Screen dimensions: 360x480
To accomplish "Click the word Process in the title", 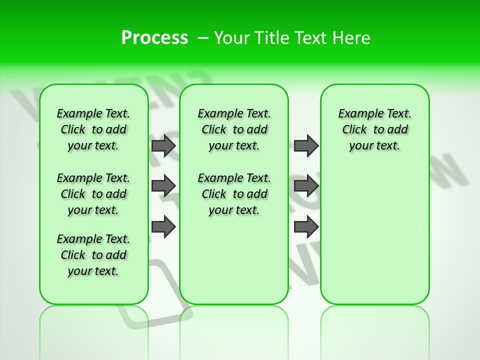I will (154, 37).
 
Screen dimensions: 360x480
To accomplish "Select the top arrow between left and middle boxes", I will (163, 145).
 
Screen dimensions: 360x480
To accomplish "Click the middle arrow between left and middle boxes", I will (163, 186).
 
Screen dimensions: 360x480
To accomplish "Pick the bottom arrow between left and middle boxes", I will (163, 226).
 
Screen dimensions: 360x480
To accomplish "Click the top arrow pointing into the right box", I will (306, 145).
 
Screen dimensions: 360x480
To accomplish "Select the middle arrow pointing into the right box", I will (306, 186).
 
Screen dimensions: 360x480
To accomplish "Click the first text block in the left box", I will (93, 129).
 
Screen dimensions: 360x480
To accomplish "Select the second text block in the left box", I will (93, 194).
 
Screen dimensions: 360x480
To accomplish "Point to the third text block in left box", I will (93, 255).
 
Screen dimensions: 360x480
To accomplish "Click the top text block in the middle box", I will (234, 129).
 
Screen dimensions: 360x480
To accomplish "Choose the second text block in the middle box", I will (234, 194).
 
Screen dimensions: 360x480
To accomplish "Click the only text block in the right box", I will (375, 129).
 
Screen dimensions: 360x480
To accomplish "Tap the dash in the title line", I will (203, 38).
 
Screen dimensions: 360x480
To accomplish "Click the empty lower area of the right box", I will (375, 240).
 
